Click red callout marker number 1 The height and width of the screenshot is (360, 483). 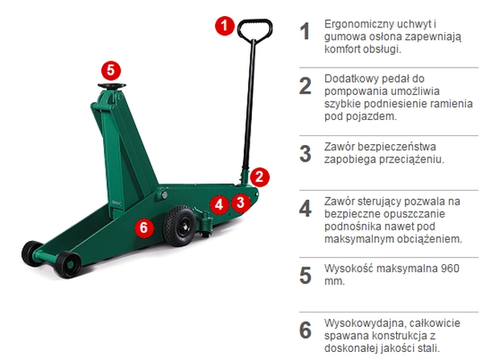click(x=225, y=26)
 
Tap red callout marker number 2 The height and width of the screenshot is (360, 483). click(x=260, y=177)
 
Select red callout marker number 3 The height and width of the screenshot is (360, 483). click(x=241, y=202)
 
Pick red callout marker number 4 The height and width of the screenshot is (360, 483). click(x=219, y=205)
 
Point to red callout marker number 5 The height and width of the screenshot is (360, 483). click(x=111, y=71)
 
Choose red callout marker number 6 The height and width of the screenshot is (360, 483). click(x=144, y=228)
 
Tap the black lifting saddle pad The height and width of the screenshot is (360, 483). click(x=112, y=86)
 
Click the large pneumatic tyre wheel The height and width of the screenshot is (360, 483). click(x=179, y=226)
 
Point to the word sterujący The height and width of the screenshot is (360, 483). click(x=380, y=202)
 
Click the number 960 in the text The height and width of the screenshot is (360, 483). click(x=450, y=268)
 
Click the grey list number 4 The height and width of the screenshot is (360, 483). click(x=306, y=209)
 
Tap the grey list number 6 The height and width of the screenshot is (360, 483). click(x=306, y=330)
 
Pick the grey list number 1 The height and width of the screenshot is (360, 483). click(x=305, y=31)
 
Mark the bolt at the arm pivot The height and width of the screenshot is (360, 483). click(x=164, y=195)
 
